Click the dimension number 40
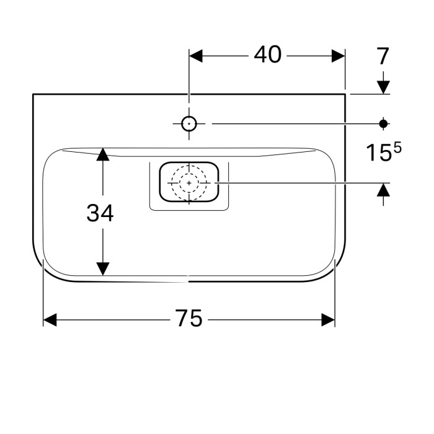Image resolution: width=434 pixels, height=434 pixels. click(268, 55)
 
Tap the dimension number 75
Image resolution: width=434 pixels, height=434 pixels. click(188, 319)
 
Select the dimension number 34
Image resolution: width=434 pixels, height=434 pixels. click(100, 213)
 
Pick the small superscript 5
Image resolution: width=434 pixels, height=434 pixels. click(397, 148)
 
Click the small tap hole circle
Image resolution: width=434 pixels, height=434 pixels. click(189, 123)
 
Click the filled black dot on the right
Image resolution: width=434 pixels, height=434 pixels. click(384, 123)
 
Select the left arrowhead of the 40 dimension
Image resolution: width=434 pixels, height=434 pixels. click(196, 56)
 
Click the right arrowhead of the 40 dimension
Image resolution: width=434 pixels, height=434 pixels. click(338, 56)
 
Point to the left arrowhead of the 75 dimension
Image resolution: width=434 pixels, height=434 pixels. click(50, 319)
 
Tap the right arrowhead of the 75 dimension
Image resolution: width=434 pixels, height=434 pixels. click(328, 319)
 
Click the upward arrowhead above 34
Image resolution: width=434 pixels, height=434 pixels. click(103, 154)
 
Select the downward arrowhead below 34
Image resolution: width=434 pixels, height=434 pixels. click(103, 268)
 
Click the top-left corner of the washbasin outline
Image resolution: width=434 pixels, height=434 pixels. click(33, 94)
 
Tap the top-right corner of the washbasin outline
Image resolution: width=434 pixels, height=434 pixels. click(345, 94)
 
